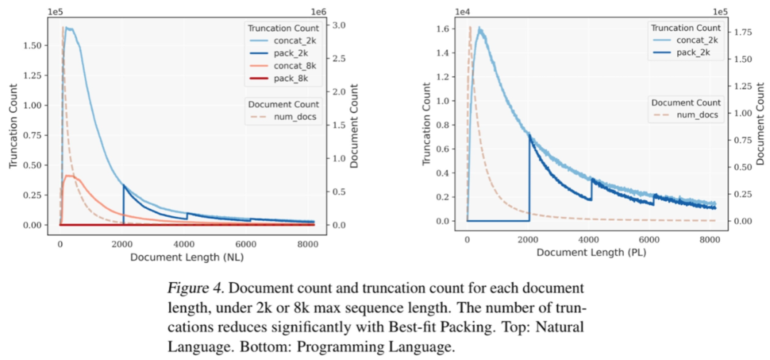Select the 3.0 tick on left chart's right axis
(341, 26)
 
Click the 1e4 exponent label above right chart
(463, 11)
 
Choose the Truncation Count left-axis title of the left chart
(13, 125)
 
